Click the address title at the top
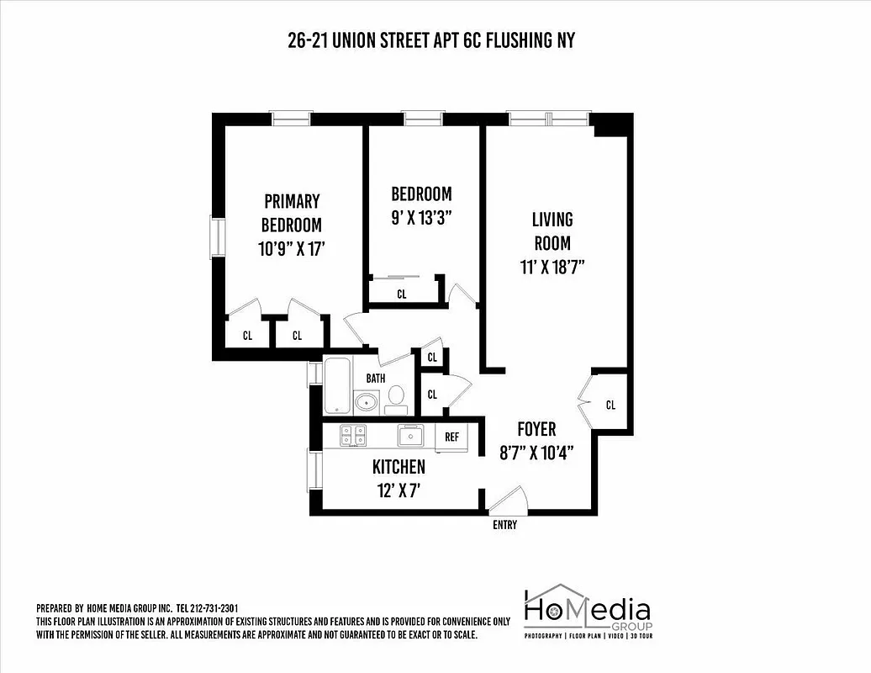coord(431,40)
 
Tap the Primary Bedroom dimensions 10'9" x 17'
coord(291,249)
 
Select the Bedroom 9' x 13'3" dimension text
coord(421,216)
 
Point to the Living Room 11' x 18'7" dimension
coord(552,268)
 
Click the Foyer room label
coord(536,430)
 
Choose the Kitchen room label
coord(399,467)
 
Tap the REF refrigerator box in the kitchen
coord(451,437)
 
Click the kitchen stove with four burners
coord(352,435)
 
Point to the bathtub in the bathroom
coord(337,386)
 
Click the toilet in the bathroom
coord(395,398)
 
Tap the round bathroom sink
coord(367,402)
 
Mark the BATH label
coord(375,379)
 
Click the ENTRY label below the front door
coord(504,526)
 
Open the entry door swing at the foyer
coord(507,501)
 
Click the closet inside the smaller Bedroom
coord(401,294)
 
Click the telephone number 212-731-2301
coord(215,608)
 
